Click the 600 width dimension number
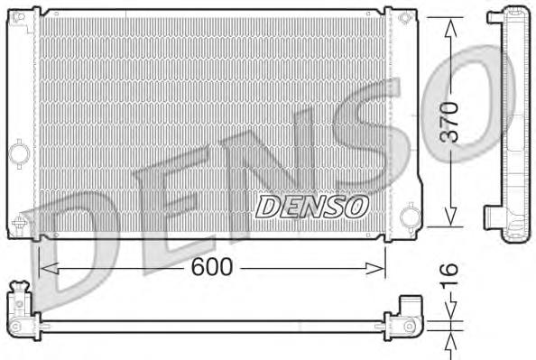point(213,267)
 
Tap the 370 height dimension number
point(450,121)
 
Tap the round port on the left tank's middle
point(19,154)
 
